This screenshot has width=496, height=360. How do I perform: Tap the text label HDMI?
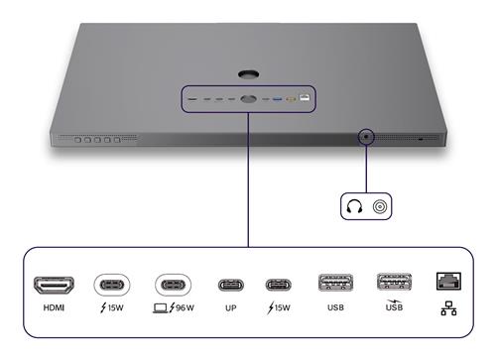pyautogui.click(x=55, y=308)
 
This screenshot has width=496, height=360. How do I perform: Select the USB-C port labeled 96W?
pyautogui.click(x=174, y=285)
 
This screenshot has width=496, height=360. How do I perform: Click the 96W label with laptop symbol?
pyautogui.click(x=173, y=308)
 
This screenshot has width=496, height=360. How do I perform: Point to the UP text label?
pyautogui.click(x=230, y=308)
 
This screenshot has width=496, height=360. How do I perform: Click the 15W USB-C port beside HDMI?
pyautogui.click(x=112, y=285)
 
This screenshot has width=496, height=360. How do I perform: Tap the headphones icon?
pyautogui.click(x=355, y=207)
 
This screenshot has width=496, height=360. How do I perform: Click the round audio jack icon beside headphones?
pyautogui.click(x=380, y=207)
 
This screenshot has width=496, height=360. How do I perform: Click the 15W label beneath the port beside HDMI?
pyautogui.click(x=112, y=308)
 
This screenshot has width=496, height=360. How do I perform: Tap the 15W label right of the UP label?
pyautogui.click(x=279, y=308)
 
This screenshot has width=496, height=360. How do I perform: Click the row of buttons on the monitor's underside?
pyautogui.click(x=98, y=141)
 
